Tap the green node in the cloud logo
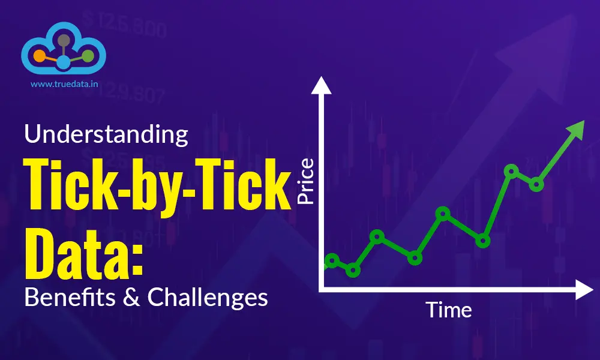point(88,56)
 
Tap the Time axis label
point(449,310)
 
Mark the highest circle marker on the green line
point(511,172)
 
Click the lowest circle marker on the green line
point(353,270)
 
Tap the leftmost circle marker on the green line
point(332,260)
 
